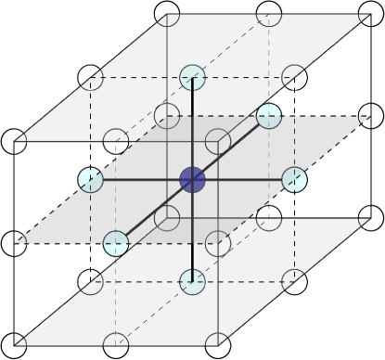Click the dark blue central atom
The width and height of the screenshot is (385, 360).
point(192,179)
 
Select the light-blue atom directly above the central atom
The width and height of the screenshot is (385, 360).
point(192,77)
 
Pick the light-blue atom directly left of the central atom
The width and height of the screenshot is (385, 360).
point(89,179)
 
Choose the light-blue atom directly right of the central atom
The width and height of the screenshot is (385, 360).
point(294,179)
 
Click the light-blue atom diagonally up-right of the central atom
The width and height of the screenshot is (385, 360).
point(268,116)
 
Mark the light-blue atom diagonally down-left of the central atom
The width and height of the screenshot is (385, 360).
point(115,244)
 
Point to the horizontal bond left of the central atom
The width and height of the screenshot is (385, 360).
point(139,179)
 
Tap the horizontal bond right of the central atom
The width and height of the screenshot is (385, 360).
point(243,179)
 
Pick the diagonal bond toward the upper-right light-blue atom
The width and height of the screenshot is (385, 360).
point(231,148)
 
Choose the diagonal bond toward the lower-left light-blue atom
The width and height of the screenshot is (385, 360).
point(153,212)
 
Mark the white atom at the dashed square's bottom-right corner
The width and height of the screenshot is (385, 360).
point(294,279)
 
